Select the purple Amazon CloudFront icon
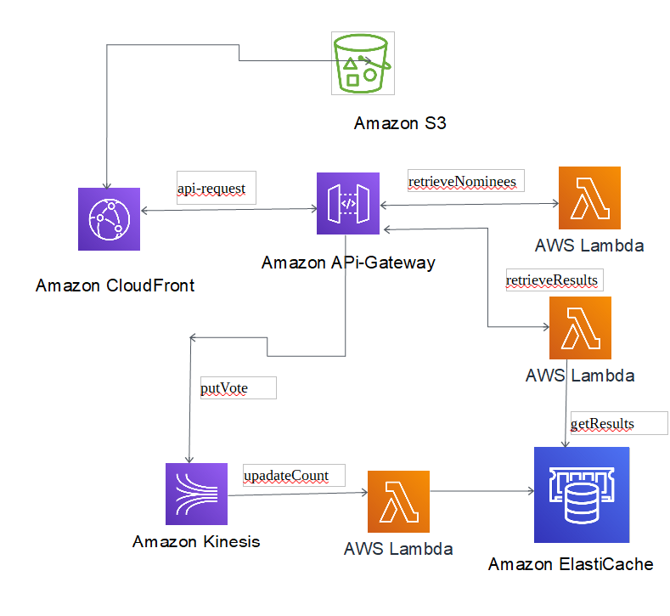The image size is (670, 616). (108, 219)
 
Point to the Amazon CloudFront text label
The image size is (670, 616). (115, 285)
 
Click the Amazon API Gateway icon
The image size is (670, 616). (347, 204)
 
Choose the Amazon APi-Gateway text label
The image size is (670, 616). (348, 263)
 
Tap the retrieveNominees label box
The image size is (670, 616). (462, 181)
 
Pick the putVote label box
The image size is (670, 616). (237, 388)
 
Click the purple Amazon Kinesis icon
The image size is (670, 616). (196, 494)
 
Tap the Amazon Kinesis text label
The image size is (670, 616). (196, 541)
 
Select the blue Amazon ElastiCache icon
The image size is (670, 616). (581, 494)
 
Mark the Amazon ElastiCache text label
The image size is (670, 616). (571, 564)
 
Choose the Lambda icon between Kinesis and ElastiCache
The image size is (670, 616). (398, 501)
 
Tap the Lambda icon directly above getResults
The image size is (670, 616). (580, 327)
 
